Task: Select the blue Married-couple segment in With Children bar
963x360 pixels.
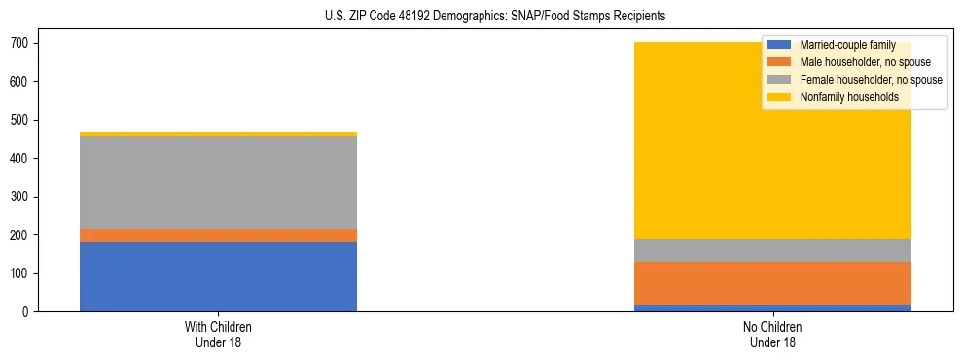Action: coord(218,276)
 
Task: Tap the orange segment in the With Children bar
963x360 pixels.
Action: coord(218,235)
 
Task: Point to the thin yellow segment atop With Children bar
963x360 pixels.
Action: coord(218,134)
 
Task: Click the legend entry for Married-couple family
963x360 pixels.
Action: coord(847,45)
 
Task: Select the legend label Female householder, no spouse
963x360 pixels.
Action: coord(871,80)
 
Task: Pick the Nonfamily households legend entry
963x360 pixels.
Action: coord(849,97)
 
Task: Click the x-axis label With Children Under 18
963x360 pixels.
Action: coord(218,334)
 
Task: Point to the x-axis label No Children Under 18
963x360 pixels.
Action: coord(772,334)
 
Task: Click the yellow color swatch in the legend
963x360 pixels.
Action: coord(779,97)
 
